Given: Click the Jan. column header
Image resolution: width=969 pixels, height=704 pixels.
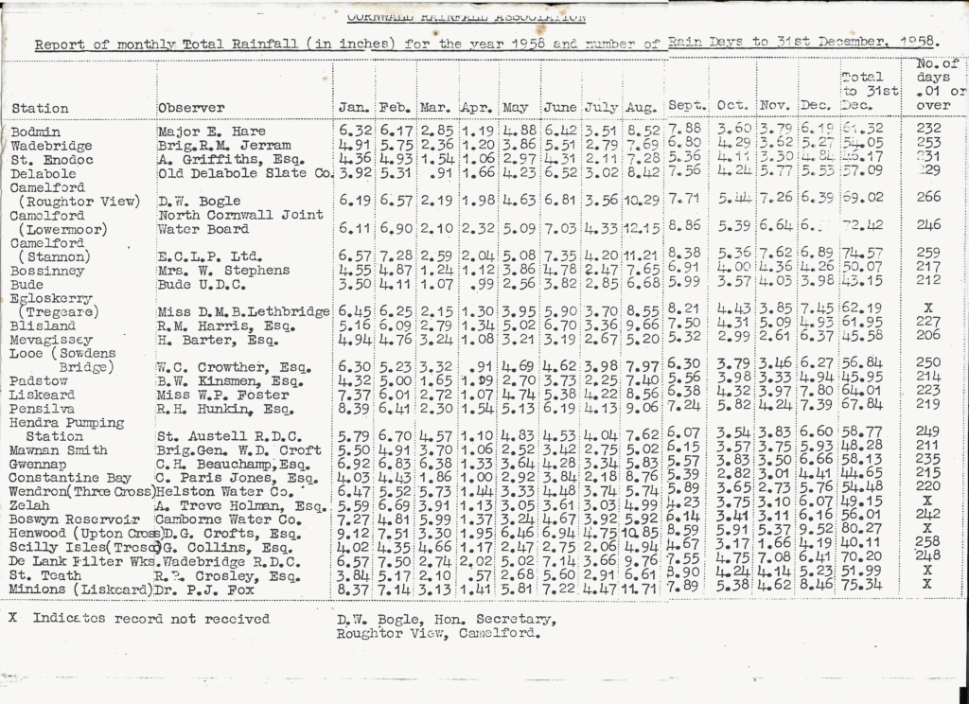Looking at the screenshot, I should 354,108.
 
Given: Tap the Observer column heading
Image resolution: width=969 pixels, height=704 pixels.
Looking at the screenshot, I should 192,108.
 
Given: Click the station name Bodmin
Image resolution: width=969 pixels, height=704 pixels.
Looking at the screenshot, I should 36,132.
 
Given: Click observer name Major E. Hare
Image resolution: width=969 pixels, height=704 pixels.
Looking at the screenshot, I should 212,132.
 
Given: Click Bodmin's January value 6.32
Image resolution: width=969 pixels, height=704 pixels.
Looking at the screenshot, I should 355,131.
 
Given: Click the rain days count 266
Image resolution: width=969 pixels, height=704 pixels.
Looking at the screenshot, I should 928,197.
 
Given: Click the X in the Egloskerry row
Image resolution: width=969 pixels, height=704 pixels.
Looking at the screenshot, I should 927,308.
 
